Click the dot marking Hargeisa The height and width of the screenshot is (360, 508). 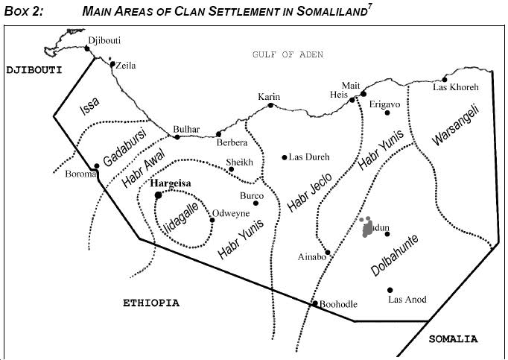tap(158, 195)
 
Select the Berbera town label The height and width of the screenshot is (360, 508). tap(232, 143)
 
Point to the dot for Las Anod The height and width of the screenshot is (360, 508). tap(390, 290)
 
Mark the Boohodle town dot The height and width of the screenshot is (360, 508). tap(314, 303)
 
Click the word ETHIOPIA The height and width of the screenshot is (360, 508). tap(151, 303)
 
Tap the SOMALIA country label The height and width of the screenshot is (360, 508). tap(453, 339)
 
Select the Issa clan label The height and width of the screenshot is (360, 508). tap(89, 107)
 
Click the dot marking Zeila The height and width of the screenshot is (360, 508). tap(112, 64)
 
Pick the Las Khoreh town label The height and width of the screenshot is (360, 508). tap(456, 87)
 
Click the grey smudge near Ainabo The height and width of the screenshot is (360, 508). tap(366, 227)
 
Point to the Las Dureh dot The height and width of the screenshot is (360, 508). tap(284, 157)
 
